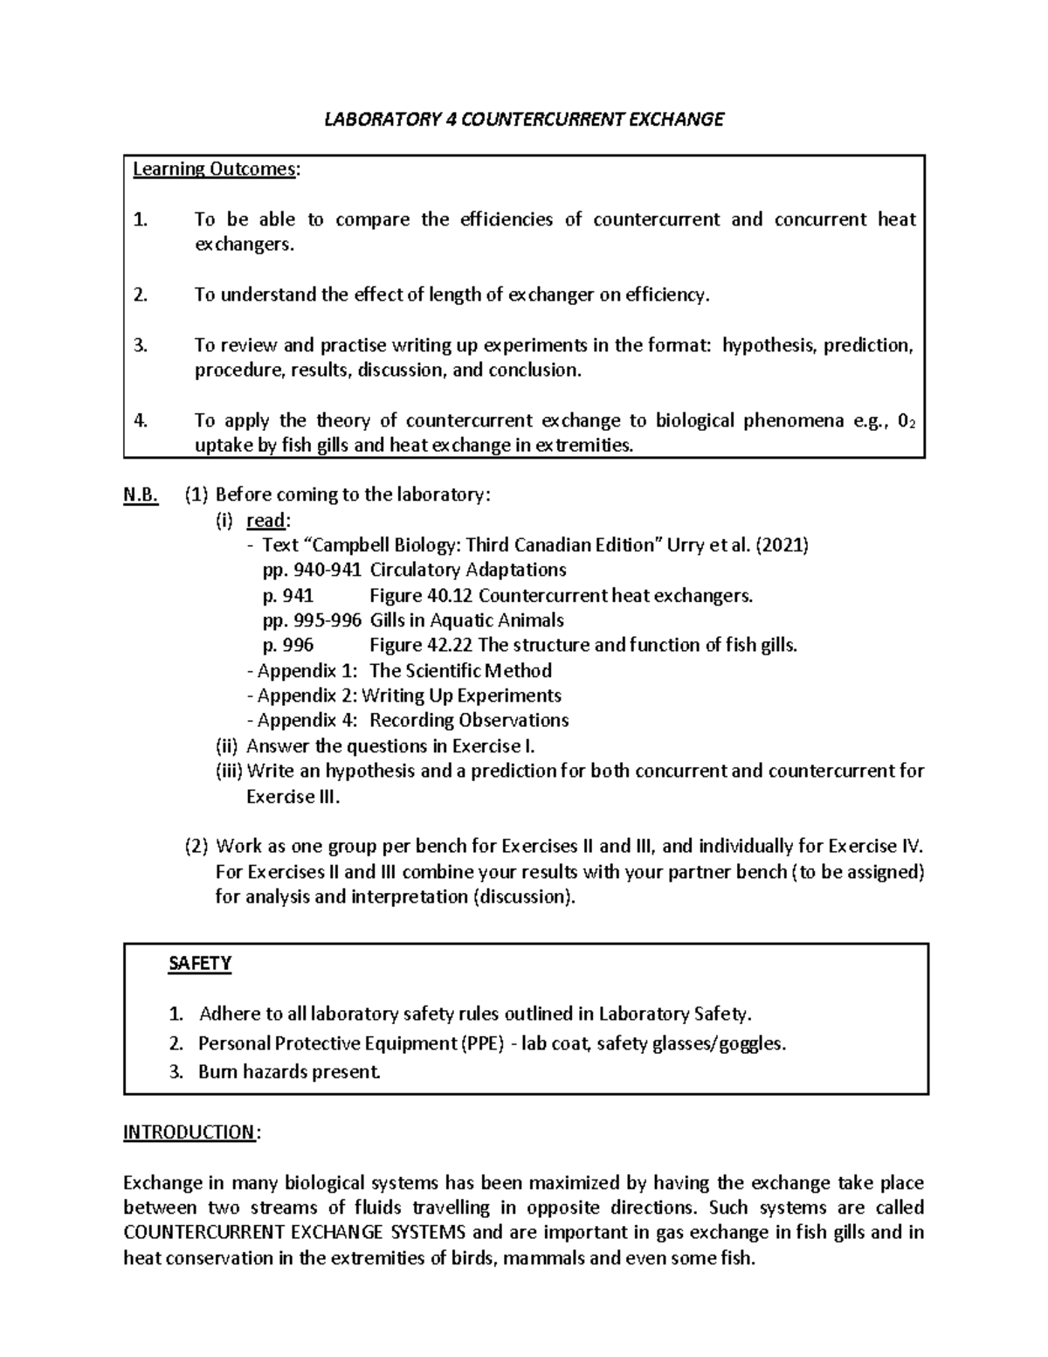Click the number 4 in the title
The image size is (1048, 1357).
pos(451,120)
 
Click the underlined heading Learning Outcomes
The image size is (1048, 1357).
pos(214,170)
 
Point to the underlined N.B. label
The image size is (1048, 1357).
pos(141,495)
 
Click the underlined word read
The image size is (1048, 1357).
pos(265,521)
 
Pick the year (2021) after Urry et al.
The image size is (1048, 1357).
pos(783,546)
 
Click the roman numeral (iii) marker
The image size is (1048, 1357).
pos(229,771)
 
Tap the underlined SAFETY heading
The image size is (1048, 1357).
pos(199,964)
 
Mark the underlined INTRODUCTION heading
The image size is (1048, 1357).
pos(189,1133)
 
